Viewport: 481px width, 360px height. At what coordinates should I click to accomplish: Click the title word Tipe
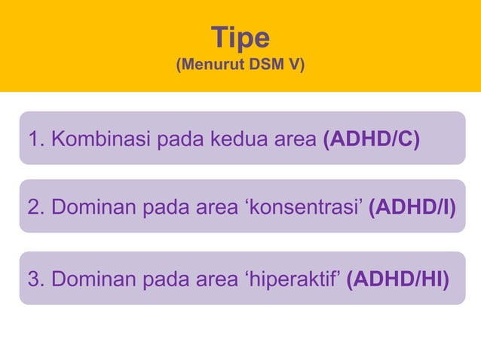pos(240,36)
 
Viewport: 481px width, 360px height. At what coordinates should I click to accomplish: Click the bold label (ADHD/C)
pos(371,139)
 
